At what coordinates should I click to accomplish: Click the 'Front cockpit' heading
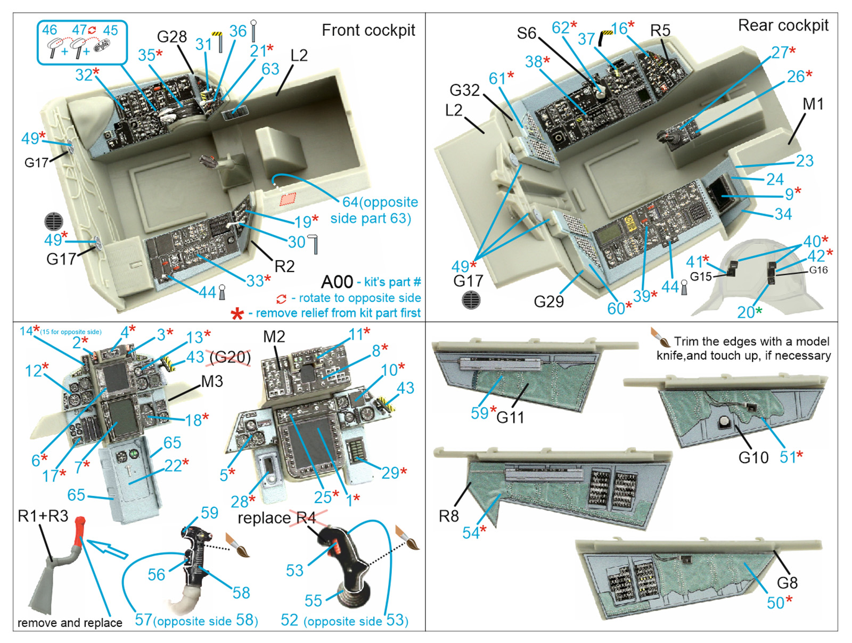pyautogui.click(x=368, y=30)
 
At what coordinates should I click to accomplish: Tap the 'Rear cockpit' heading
pyautogui.click(x=783, y=26)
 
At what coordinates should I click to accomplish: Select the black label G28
pyautogui.click(x=171, y=37)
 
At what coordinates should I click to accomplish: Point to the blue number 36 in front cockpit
pyautogui.click(x=237, y=31)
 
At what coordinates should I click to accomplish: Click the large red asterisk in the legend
pyautogui.click(x=237, y=314)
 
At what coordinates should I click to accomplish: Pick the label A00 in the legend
pyautogui.click(x=337, y=282)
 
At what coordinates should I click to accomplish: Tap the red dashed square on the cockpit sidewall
pyautogui.click(x=288, y=199)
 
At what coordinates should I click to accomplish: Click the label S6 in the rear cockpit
pyautogui.click(x=526, y=33)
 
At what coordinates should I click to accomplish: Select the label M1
pyautogui.click(x=813, y=104)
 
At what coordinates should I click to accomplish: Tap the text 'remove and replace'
pyautogui.click(x=70, y=622)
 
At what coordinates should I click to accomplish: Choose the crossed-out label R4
pyautogui.click(x=307, y=517)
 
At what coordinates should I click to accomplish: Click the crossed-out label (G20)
pyautogui.click(x=230, y=357)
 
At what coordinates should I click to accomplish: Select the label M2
pyautogui.click(x=274, y=336)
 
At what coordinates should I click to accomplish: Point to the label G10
pyautogui.click(x=753, y=457)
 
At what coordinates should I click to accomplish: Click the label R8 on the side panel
pyautogui.click(x=448, y=516)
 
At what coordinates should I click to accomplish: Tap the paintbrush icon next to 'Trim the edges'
pyautogui.click(x=660, y=337)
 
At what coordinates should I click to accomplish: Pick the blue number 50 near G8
pyautogui.click(x=775, y=603)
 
